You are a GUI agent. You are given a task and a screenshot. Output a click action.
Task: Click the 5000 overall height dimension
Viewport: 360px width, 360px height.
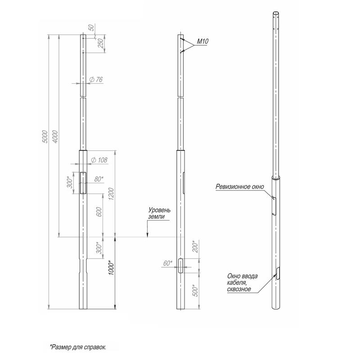click(x=45, y=137)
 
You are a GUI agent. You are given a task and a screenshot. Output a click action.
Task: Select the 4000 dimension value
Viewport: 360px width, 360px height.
click(x=56, y=137)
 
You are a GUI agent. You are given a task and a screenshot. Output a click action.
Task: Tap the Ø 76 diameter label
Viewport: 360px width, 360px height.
click(x=96, y=80)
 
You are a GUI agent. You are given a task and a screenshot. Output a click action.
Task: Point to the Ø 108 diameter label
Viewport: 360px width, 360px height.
click(x=99, y=160)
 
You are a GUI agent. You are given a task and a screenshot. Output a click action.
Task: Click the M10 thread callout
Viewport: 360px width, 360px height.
click(x=203, y=41)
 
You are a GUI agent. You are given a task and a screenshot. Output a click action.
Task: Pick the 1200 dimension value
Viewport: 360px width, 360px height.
click(x=111, y=194)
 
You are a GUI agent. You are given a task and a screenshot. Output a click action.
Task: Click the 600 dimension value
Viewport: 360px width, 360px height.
click(x=99, y=212)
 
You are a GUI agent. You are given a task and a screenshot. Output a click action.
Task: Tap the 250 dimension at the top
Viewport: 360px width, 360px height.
click(x=101, y=43)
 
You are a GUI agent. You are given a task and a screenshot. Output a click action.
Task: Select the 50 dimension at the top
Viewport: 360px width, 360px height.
click(x=91, y=27)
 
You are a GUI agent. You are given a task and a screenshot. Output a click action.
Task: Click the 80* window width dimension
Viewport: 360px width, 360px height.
click(x=99, y=179)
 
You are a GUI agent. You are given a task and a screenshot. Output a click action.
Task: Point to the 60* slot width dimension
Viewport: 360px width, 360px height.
click(x=168, y=263)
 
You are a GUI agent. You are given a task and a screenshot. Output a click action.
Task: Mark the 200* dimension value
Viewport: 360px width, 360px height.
click(x=195, y=246)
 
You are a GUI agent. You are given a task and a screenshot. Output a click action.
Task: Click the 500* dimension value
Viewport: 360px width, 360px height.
click(x=195, y=290)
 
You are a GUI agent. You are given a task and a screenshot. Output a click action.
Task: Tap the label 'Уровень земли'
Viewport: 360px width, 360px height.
click(x=160, y=213)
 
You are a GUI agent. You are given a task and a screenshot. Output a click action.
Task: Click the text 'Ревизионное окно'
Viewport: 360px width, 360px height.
click(x=240, y=187)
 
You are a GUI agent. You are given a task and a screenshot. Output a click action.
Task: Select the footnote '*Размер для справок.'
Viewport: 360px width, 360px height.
click(x=78, y=347)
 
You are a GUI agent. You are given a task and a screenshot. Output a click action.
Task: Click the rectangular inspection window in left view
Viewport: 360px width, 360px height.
click(x=83, y=183)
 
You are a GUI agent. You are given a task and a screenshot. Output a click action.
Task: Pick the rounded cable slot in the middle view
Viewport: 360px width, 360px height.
click(x=181, y=265)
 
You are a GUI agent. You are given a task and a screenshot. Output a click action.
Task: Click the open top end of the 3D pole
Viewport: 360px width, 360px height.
click(x=276, y=13)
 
